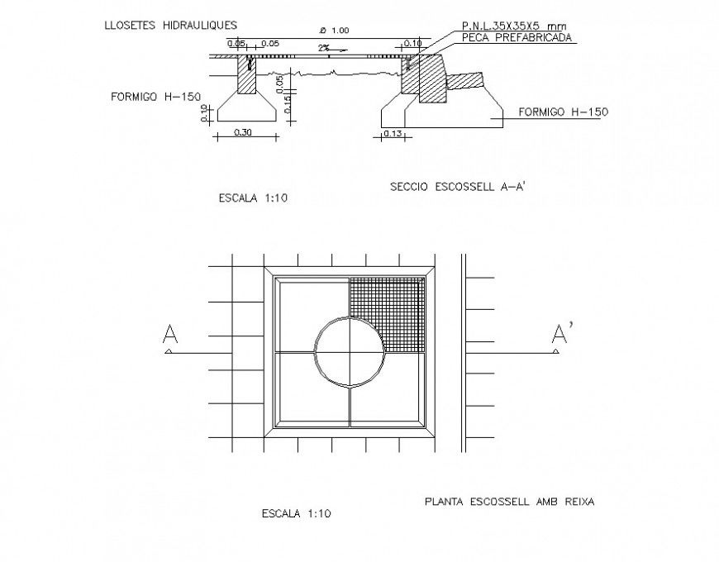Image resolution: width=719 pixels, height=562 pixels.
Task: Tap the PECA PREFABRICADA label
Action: tap(517, 38)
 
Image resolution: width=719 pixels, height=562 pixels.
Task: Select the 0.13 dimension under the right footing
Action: tap(393, 132)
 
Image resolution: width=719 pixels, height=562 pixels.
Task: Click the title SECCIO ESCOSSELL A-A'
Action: tap(457, 188)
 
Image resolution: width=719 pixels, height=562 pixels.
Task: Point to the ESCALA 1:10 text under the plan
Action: tap(295, 513)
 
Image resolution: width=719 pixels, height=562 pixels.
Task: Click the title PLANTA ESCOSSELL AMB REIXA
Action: tap(509, 501)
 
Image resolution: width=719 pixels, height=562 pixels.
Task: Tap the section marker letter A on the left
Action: tap(170, 334)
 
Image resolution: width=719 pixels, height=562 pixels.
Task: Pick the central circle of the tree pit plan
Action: tap(350, 351)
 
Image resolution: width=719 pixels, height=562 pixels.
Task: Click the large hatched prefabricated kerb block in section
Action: tap(432, 79)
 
